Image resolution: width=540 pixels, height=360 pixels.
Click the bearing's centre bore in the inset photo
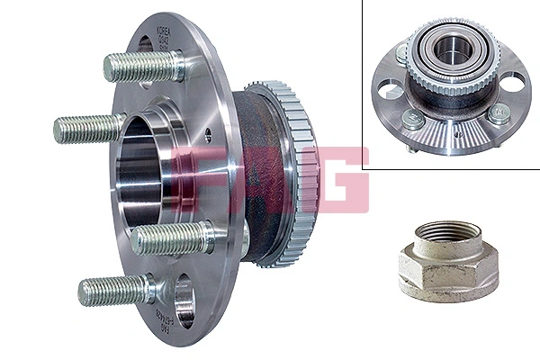(448, 50)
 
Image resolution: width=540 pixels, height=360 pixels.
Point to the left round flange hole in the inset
(391, 90)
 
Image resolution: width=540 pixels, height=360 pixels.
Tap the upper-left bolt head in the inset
(402, 56)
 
